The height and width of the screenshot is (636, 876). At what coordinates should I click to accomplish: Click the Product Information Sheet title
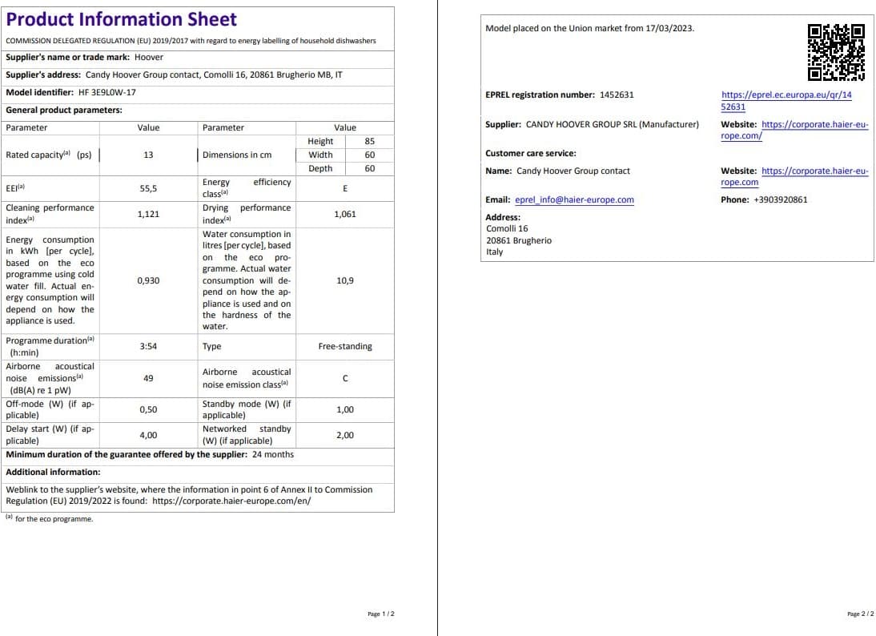pyautogui.click(x=122, y=20)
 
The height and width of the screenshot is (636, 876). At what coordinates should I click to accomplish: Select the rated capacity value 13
pyautogui.click(x=148, y=155)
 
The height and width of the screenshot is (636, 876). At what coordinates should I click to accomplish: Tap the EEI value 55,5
pyautogui.click(x=148, y=188)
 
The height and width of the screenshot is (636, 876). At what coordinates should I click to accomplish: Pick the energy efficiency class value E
pyautogui.click(x=345, y=188)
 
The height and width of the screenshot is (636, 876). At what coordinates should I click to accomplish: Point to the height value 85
pyautogui.click(x=369, y=141)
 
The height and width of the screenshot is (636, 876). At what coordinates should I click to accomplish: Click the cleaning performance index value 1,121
pyautogui.click(x=148, y=214)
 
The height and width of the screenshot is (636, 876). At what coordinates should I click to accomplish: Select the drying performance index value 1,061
pyautogui.click(x=345, y=214)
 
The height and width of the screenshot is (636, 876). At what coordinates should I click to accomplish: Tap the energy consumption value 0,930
pyautogui.click(x=148, y=280)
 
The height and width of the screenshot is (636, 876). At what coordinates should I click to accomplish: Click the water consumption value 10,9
pyautogui.click(x=345, y=280)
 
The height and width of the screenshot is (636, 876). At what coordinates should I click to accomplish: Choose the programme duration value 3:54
pyautogui.click(x=148, y=347)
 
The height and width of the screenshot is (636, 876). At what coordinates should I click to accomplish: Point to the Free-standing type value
pyautogui.click(x=345, y=347)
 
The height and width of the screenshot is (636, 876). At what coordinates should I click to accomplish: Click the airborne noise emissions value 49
pyautogui.click(x=148, y=378)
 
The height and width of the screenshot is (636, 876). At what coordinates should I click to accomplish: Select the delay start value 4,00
pyautogui.click(x=148, y=435)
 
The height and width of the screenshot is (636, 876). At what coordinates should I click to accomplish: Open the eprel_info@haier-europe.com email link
pyautogui.click(x=574, y=200)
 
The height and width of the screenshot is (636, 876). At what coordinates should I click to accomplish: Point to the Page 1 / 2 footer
pyautogui.click(x=381, y=614)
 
